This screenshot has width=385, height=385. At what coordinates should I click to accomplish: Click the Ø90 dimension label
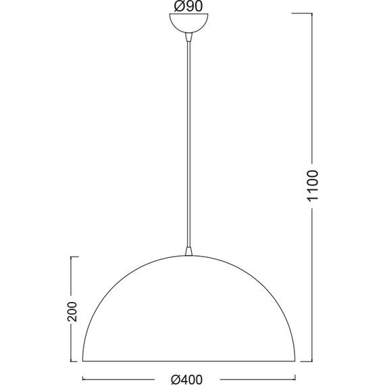(x=188, y=6)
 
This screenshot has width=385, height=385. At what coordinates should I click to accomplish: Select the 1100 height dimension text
(x=313, y=186)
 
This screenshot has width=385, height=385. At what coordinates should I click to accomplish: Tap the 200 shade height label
(x=72, y=311)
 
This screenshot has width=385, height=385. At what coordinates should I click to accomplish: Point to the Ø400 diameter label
(x=187, y=380)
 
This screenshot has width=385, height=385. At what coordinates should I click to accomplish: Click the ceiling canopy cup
(x=188, y=23)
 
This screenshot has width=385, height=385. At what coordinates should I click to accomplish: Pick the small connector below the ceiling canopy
(x=188, y=37)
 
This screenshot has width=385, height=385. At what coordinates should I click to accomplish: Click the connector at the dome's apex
(x=188, y=251)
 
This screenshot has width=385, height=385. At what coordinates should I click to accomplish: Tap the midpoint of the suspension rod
(x=188, y=145)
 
